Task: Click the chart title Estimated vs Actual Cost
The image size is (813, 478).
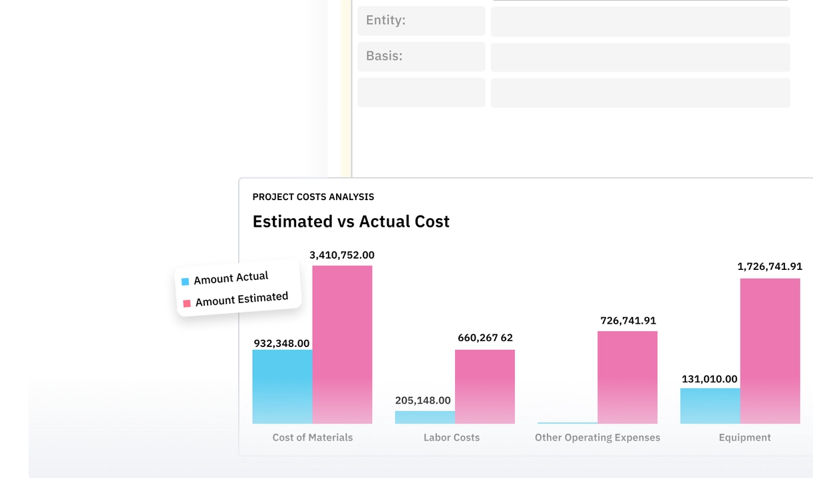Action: click(x=351, y=221)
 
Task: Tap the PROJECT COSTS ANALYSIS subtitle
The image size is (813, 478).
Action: click(x=313, y=197)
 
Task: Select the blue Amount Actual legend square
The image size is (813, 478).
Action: click(x=185, y=281)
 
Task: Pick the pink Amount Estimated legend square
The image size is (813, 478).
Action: click(x=187, y=303)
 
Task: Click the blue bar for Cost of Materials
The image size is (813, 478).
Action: click(x=282, y=386)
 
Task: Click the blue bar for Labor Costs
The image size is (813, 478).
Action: click(x=424, y=417)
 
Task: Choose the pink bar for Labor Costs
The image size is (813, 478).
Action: click(x=484, y=386)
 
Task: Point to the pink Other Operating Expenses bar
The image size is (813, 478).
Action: click(x=627, y=377)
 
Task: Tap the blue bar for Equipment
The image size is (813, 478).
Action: click(x=710, y=406)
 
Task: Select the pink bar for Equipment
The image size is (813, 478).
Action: click(x=770, y=350)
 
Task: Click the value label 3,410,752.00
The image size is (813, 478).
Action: click(x=342, y=255)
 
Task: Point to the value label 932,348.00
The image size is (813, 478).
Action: click(x=281, y=344)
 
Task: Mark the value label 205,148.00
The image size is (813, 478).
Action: click(x=422, y=400)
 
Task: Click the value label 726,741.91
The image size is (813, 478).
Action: click(x=628, y=320)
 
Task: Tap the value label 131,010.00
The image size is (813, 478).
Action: click(x=709, y=379)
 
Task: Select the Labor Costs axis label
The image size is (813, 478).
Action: click(x=451, y=437)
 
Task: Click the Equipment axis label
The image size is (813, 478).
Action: click(x=744, y=437)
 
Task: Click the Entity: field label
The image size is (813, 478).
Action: click(x=386, y=21)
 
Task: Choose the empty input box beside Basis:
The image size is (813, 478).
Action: click(x=640, y=57)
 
